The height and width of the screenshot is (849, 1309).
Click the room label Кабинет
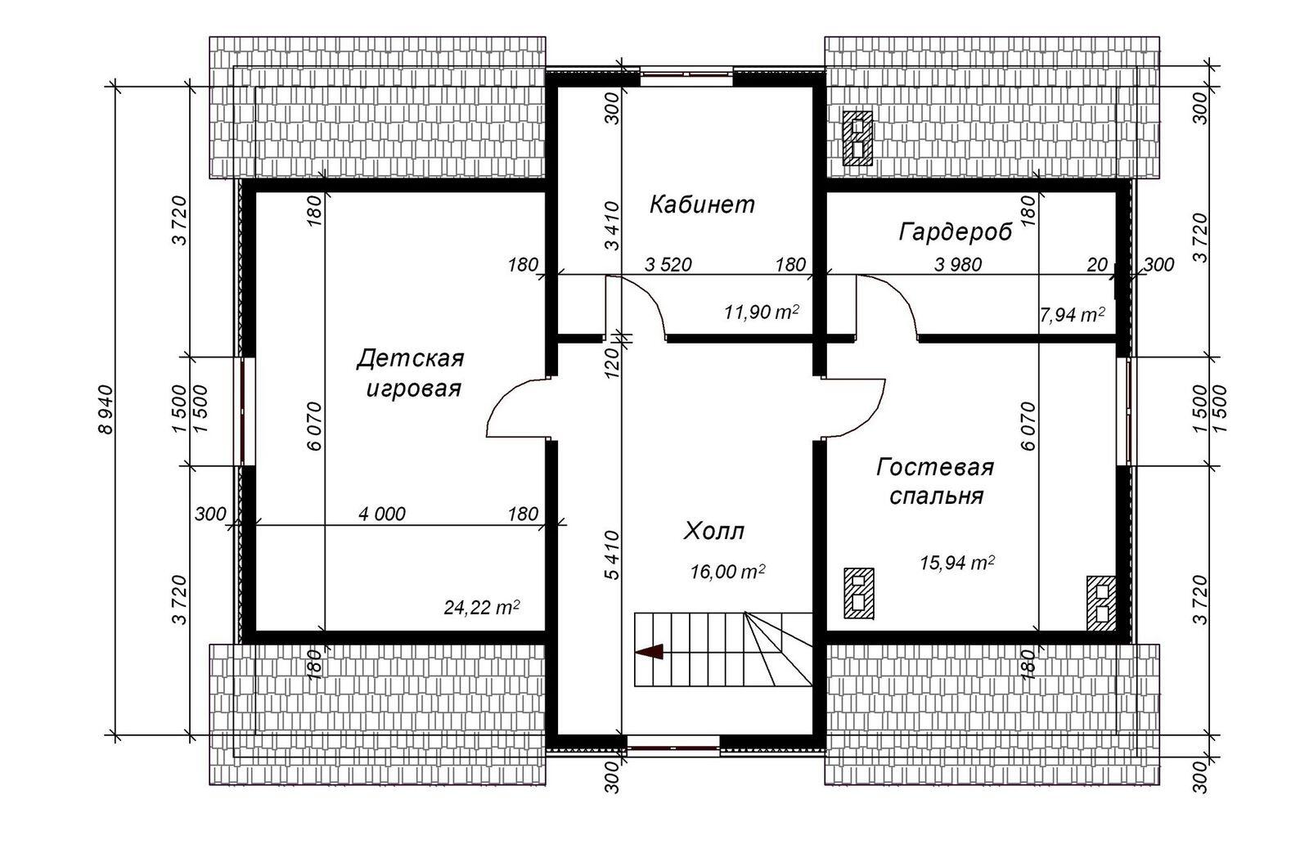point(702,204)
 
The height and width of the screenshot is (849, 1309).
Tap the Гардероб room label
point(955,232)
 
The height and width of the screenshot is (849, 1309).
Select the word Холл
point(714,532)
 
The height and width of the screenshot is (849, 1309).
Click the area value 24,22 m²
point(482,608)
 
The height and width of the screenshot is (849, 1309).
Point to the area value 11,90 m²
point(761,312)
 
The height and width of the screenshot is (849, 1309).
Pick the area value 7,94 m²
point(1072,314)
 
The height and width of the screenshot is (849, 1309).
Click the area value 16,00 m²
point(727,572)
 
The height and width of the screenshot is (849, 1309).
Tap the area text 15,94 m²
point(956,563)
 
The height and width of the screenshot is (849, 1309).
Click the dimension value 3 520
point(668,265)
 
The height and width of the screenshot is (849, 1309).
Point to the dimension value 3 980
point(958,265)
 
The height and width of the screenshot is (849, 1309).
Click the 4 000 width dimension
point(381,514)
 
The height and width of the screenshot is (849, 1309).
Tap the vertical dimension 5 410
point(612,555)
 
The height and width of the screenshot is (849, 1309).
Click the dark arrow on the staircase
point(650,652)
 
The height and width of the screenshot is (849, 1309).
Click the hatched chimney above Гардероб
point(858,138)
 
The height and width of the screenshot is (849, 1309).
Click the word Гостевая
point(934,468)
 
